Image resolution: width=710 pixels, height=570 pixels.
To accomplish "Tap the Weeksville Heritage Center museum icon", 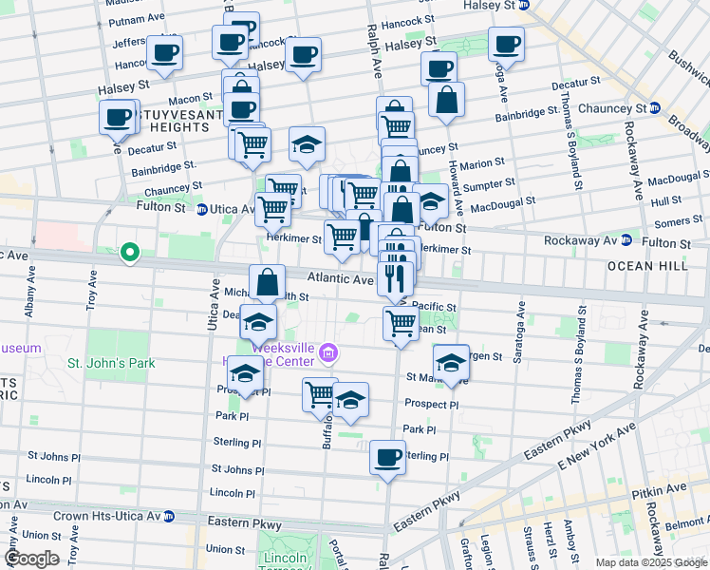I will click(x=328, y=353).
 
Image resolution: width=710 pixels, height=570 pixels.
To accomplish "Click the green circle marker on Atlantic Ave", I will click(x=130, y=253).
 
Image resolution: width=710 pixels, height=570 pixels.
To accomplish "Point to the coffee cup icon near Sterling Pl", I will click(x=387, y=458).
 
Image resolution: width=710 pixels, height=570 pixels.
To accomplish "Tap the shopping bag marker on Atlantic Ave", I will click(x=268, y=281).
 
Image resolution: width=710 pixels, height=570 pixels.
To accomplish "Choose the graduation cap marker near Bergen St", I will click(x=451, y=362).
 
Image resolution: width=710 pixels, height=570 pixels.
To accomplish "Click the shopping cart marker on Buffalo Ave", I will click(x=320, y=393).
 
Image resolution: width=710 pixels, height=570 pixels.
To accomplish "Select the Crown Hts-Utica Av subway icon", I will click(x=168, y=516).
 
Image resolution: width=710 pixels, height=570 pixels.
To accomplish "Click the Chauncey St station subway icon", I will click(x=654, y=107).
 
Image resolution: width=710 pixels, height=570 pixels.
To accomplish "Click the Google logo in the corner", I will click(x=32, y=559).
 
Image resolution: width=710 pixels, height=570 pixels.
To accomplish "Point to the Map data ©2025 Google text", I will click(x=650, y=562).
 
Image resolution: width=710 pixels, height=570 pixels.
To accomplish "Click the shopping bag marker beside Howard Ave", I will click(x=445, y=100).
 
